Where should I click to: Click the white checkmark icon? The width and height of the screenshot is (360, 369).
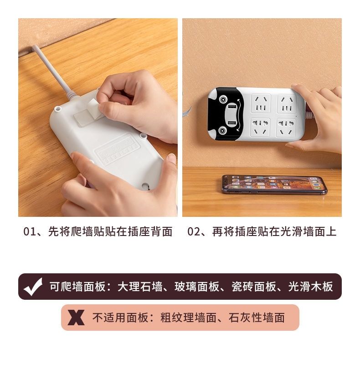click(33, 287)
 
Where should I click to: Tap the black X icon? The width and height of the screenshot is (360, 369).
click(76, 318)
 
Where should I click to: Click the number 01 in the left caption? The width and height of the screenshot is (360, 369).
click(30, 231)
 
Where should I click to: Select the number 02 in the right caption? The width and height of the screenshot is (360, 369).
click(194, 231)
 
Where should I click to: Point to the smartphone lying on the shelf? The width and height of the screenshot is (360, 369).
click(274, 184)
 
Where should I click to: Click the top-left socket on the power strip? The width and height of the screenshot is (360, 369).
click(261, 103)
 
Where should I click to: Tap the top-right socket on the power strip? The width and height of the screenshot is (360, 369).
click(287, 103)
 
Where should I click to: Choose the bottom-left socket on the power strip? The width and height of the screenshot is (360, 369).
click(261, 127)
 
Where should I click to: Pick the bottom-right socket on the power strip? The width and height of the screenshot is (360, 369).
click(286, 127)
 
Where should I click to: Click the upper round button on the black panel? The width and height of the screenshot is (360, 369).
click(223, 99)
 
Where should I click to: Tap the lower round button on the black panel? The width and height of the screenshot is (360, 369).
click(222, 131)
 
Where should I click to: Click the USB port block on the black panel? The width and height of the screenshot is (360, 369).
click(231, 115)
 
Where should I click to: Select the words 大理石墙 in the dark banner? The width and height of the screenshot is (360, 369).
click(140, 287)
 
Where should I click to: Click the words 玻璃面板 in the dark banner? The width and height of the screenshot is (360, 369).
click(197, 287)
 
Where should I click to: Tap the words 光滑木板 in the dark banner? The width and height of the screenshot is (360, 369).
click(310, 287)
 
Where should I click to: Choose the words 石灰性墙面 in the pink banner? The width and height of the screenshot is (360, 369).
click(257, 318)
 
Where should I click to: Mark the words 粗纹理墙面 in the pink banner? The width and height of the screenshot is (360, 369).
click(188, 318)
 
